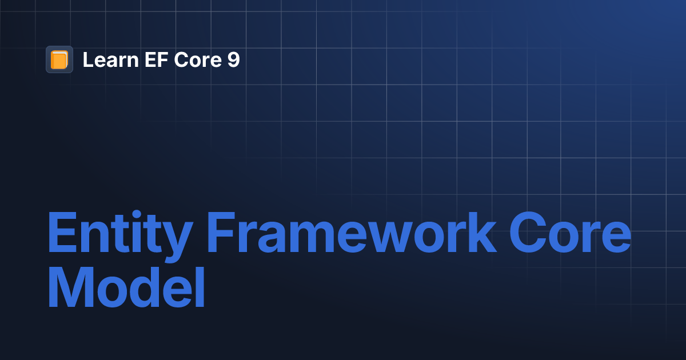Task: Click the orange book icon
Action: coord(59,59)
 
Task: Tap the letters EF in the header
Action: coord(145,59)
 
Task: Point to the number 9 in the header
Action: coord(233,59)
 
